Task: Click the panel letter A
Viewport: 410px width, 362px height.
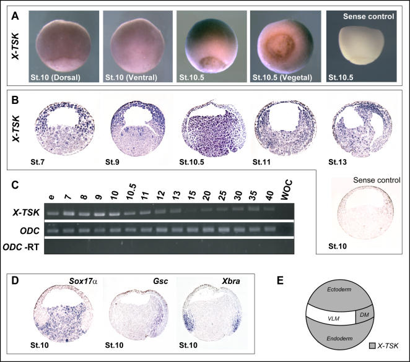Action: pos(15,16)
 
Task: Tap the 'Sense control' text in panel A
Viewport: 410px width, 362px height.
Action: pos(369,17)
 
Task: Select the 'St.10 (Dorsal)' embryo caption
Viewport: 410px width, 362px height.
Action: pos(56,77)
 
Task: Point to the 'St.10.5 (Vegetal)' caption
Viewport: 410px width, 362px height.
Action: pos(282,77)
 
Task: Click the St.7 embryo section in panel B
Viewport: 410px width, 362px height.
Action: pos(65,128)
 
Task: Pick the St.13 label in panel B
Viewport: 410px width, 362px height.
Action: pos(338,162)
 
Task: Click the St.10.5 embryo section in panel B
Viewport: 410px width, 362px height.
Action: pos(214,129)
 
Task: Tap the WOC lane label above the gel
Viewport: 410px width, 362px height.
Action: pos(286,190)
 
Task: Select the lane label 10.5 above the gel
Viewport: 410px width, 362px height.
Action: pos(131,191)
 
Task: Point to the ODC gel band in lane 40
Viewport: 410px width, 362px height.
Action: pos(269,229)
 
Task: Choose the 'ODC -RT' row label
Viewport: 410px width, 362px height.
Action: pos(21,247)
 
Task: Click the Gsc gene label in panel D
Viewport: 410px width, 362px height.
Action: pos(160,281)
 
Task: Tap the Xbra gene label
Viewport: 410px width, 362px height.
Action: pos(231,281)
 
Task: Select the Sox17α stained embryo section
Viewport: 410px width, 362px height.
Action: pos(64,313)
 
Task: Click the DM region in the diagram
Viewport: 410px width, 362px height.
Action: pos(364,314)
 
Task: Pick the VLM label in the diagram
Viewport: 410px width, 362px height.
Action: pos(333,319)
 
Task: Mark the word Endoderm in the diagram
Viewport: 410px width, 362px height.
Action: pos(339,338)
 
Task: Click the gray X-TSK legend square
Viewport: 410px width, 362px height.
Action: pos(372,346)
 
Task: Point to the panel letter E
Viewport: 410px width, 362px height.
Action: pos(280,281)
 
